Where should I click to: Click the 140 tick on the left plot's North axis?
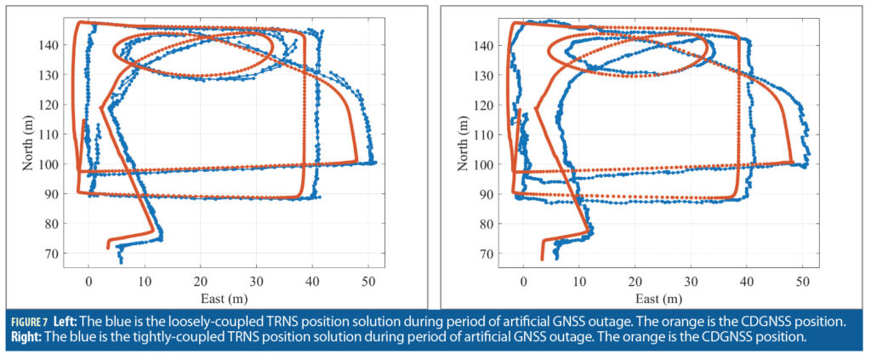[50, 46]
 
